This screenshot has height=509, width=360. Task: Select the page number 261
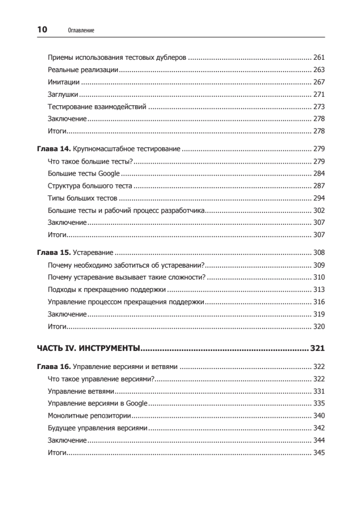318,57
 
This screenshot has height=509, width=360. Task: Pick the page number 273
318,106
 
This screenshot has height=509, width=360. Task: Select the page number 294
318,198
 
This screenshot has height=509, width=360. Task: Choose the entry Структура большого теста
90,186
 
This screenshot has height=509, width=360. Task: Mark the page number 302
318,210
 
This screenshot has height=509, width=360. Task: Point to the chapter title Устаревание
93,253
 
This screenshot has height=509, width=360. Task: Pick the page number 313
318,290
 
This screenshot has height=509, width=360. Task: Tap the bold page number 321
317,349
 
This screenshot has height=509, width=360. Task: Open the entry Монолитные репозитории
89,416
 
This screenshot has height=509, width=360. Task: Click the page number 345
318,453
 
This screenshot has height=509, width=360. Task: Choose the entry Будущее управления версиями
98,428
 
